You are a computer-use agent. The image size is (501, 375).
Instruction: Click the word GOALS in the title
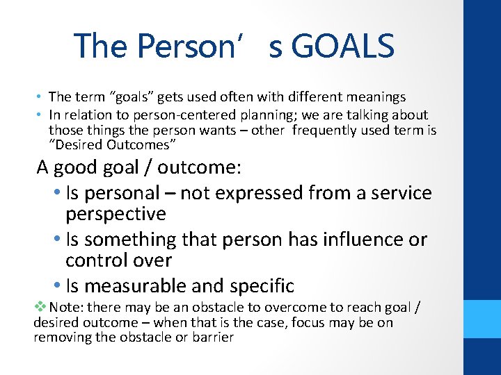[x=343, y=47]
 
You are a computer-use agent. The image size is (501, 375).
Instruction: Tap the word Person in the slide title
[x=180, y=47]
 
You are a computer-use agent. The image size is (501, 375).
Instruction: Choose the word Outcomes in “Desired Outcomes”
[x=144, y=144]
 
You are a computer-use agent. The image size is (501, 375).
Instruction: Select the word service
[x=400, y=193]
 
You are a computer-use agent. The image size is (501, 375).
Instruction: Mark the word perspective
[x=116, y=214]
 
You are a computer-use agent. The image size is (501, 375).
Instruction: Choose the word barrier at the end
[x=212, y=338]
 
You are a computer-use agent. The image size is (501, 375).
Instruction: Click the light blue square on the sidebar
[x=482, y=319]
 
